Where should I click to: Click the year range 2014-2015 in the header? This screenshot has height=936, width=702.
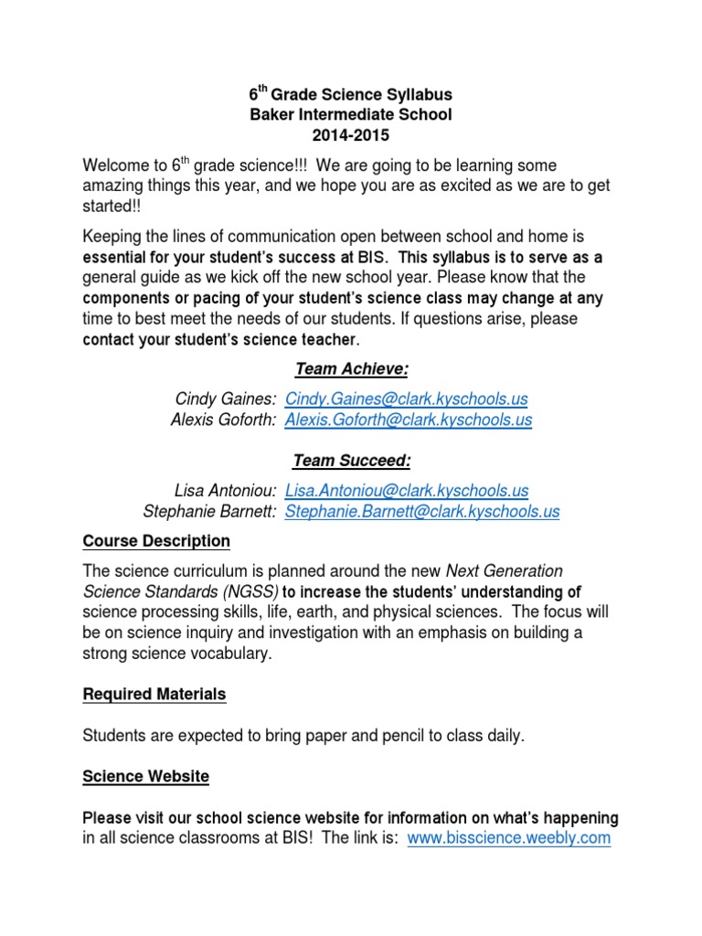(351, 135)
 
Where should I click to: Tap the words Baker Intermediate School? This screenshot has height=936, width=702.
(351, 115)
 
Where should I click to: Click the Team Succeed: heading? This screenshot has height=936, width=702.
(351, 460)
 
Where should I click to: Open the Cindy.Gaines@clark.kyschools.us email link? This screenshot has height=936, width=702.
(407, 399)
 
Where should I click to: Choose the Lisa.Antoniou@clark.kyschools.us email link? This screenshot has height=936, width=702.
(407, 491)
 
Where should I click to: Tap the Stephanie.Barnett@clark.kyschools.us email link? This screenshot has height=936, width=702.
(422, 512)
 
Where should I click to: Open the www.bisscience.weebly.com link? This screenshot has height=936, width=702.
(508, 837)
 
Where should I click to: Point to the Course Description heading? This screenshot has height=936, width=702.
(156, 541)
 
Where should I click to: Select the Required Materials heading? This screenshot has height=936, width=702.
(154, 695)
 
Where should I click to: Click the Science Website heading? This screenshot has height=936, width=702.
(145, 777)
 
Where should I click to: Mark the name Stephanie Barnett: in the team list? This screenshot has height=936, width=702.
(210, 512)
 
